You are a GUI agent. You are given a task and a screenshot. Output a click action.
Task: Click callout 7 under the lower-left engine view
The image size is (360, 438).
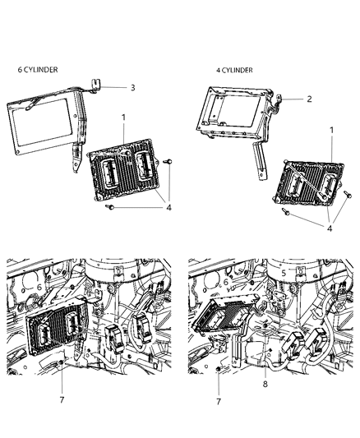pyautogui.click(x=62, y=400)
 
